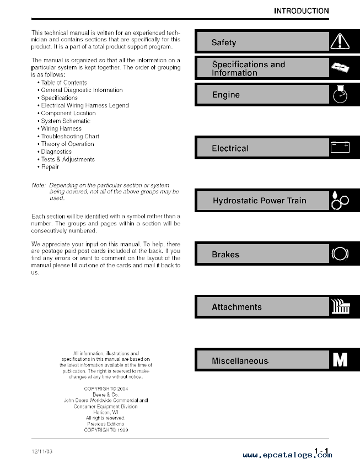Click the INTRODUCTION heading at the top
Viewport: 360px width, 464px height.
click(x=301, y=10)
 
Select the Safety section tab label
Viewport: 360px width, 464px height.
click(x=224, y=42)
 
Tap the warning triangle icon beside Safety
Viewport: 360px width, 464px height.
click(x=340, y=41)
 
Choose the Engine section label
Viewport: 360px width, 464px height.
click(x=226, y=95)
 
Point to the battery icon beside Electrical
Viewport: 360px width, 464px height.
click(x=340, y=147)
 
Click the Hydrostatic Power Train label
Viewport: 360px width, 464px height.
click(x=259, y=201)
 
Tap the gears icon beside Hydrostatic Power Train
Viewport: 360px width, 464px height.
click(x=340, y=200)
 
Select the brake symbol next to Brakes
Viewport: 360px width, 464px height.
click(x=340, y=254)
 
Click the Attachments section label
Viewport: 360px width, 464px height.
click(x=237, y=307)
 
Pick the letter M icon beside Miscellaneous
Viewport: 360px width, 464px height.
click(x=340, y=360)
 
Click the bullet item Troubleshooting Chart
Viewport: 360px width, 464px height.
click(x=70, y=136)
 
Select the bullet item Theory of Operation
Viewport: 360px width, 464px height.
click(x=67, y=144)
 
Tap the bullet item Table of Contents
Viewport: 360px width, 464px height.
click(x=64, y=82)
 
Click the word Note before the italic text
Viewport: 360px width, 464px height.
click(x=38, y=185)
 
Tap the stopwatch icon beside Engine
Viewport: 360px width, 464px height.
click(x=340, y=94)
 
